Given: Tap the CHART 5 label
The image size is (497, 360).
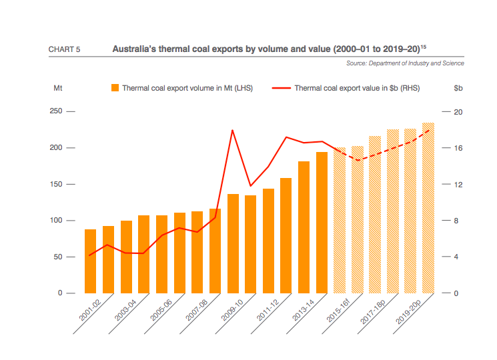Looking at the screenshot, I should coord(65,50).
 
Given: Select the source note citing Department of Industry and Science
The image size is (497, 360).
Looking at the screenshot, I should coord(405,63).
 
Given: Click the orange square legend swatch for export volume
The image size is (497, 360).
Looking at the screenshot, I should coord(115,87).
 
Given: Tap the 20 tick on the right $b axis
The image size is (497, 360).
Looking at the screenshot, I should coord(458,111).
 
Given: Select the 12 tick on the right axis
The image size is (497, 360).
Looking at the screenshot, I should coord(458,184).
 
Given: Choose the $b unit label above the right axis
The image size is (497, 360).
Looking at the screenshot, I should coord(458,87).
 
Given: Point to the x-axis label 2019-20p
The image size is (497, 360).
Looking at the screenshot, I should coord(410,311).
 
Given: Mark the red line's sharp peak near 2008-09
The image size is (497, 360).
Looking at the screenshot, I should coord(232,130).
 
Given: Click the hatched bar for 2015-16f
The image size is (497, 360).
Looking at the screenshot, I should coord(340,220).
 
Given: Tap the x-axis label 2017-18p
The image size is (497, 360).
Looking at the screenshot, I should coord(374,311).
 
